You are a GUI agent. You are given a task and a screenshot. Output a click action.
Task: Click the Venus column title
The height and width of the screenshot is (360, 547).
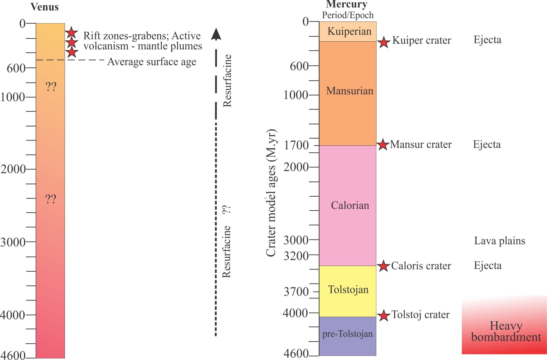45,7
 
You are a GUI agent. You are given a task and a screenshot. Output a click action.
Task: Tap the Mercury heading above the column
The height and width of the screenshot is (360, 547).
347,4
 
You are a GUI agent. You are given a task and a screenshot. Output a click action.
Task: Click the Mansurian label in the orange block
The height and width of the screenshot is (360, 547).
350,91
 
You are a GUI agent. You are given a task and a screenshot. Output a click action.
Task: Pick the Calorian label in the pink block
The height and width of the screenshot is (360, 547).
350,205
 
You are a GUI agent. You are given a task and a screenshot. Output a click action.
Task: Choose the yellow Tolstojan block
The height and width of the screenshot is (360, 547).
348,289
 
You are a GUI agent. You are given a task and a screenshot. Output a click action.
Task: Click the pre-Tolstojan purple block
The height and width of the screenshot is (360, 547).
347,334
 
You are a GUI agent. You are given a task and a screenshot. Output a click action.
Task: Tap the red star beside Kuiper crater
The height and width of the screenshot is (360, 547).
384,42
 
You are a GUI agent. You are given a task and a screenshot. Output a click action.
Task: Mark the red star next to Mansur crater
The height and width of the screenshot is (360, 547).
383,145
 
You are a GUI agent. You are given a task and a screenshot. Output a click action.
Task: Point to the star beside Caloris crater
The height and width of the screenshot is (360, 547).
384,266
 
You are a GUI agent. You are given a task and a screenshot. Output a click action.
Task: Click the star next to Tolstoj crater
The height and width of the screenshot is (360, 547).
384,316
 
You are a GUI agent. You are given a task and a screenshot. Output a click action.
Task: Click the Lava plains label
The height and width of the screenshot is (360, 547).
499,241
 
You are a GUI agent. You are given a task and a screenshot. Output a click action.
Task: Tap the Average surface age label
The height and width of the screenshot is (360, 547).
152,62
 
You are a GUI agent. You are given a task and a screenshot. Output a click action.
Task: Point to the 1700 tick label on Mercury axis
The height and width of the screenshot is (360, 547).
296,145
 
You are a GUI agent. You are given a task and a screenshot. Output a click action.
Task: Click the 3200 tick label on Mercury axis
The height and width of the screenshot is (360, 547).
296,256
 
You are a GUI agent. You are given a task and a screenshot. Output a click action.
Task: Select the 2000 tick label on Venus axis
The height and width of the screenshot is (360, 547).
13,169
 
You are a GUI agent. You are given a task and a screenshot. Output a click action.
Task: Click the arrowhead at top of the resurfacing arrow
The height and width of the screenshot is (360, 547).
216,34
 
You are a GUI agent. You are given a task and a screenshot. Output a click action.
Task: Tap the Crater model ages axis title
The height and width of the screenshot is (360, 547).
271,193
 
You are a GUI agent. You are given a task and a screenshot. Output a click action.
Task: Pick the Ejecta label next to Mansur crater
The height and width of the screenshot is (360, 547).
487,145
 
